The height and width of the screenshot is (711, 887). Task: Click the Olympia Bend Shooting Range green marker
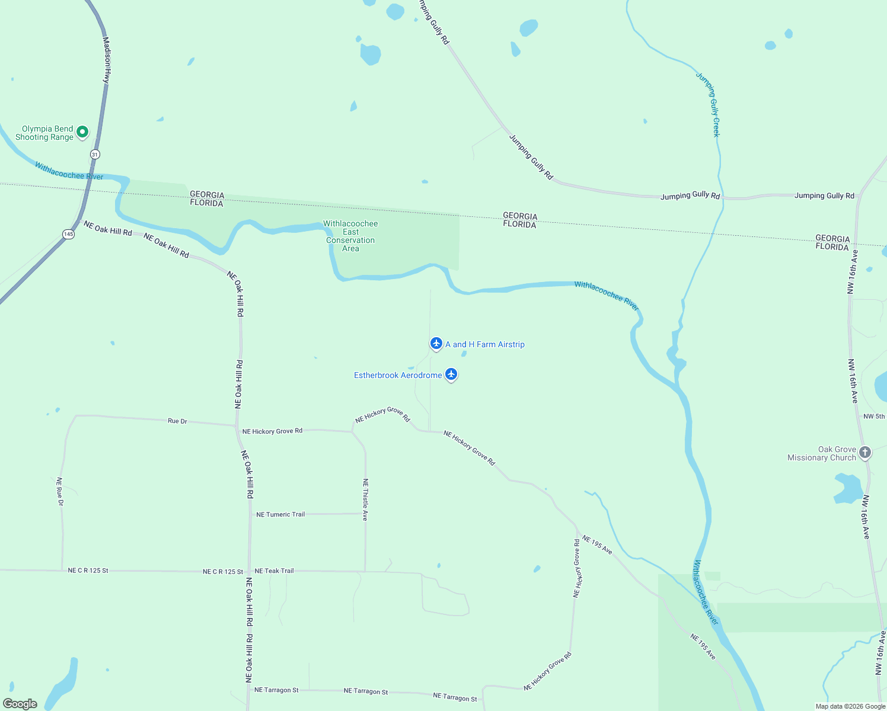(x=82, y=132)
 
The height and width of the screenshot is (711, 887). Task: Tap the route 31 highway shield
(x=95, y=154)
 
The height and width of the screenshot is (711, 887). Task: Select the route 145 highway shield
(x=68, y=234)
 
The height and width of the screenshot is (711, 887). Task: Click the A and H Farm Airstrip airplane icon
(x=436, y=343)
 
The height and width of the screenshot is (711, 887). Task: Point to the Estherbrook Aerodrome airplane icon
(x=451, y=374)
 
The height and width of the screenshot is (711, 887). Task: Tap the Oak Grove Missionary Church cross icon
(x=865, y=453)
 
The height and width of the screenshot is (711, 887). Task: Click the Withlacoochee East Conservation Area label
(x=350, y=236)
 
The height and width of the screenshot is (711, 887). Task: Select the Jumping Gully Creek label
(x=708, y=105)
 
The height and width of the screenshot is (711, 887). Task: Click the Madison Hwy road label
(x=107, y=60)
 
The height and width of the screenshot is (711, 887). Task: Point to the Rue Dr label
(x=177, y=421)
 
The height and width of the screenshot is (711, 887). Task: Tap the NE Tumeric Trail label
(x=280, y=514)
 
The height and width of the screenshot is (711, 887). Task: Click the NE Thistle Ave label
(x=365, y=499)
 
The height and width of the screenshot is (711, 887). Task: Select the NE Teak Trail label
(x=274, y=571)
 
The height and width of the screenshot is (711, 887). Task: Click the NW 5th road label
(x=874, y=417)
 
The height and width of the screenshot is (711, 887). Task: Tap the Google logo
(x=20, y=704)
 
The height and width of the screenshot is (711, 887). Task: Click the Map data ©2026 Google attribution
(x=850, y=706)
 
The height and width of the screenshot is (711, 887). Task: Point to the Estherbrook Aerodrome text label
(x=398, y=375)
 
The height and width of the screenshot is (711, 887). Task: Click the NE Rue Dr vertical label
(x=59, y=491)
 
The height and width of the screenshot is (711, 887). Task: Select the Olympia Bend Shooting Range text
(x=45, y=133)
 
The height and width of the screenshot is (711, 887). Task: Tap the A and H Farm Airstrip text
(x=485, y=344)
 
